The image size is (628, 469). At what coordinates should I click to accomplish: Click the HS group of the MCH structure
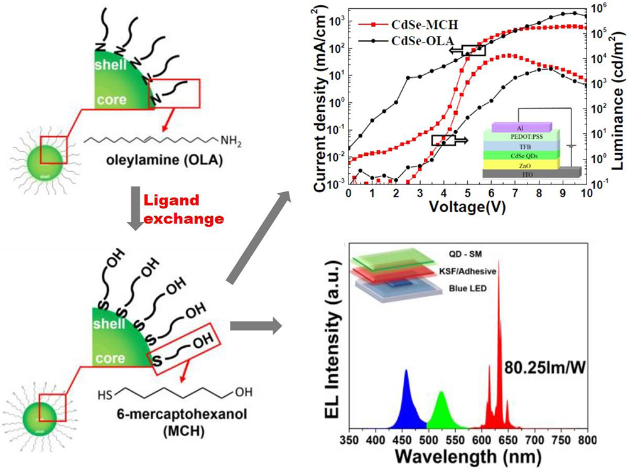pyautogui.click(x=105, y=397)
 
